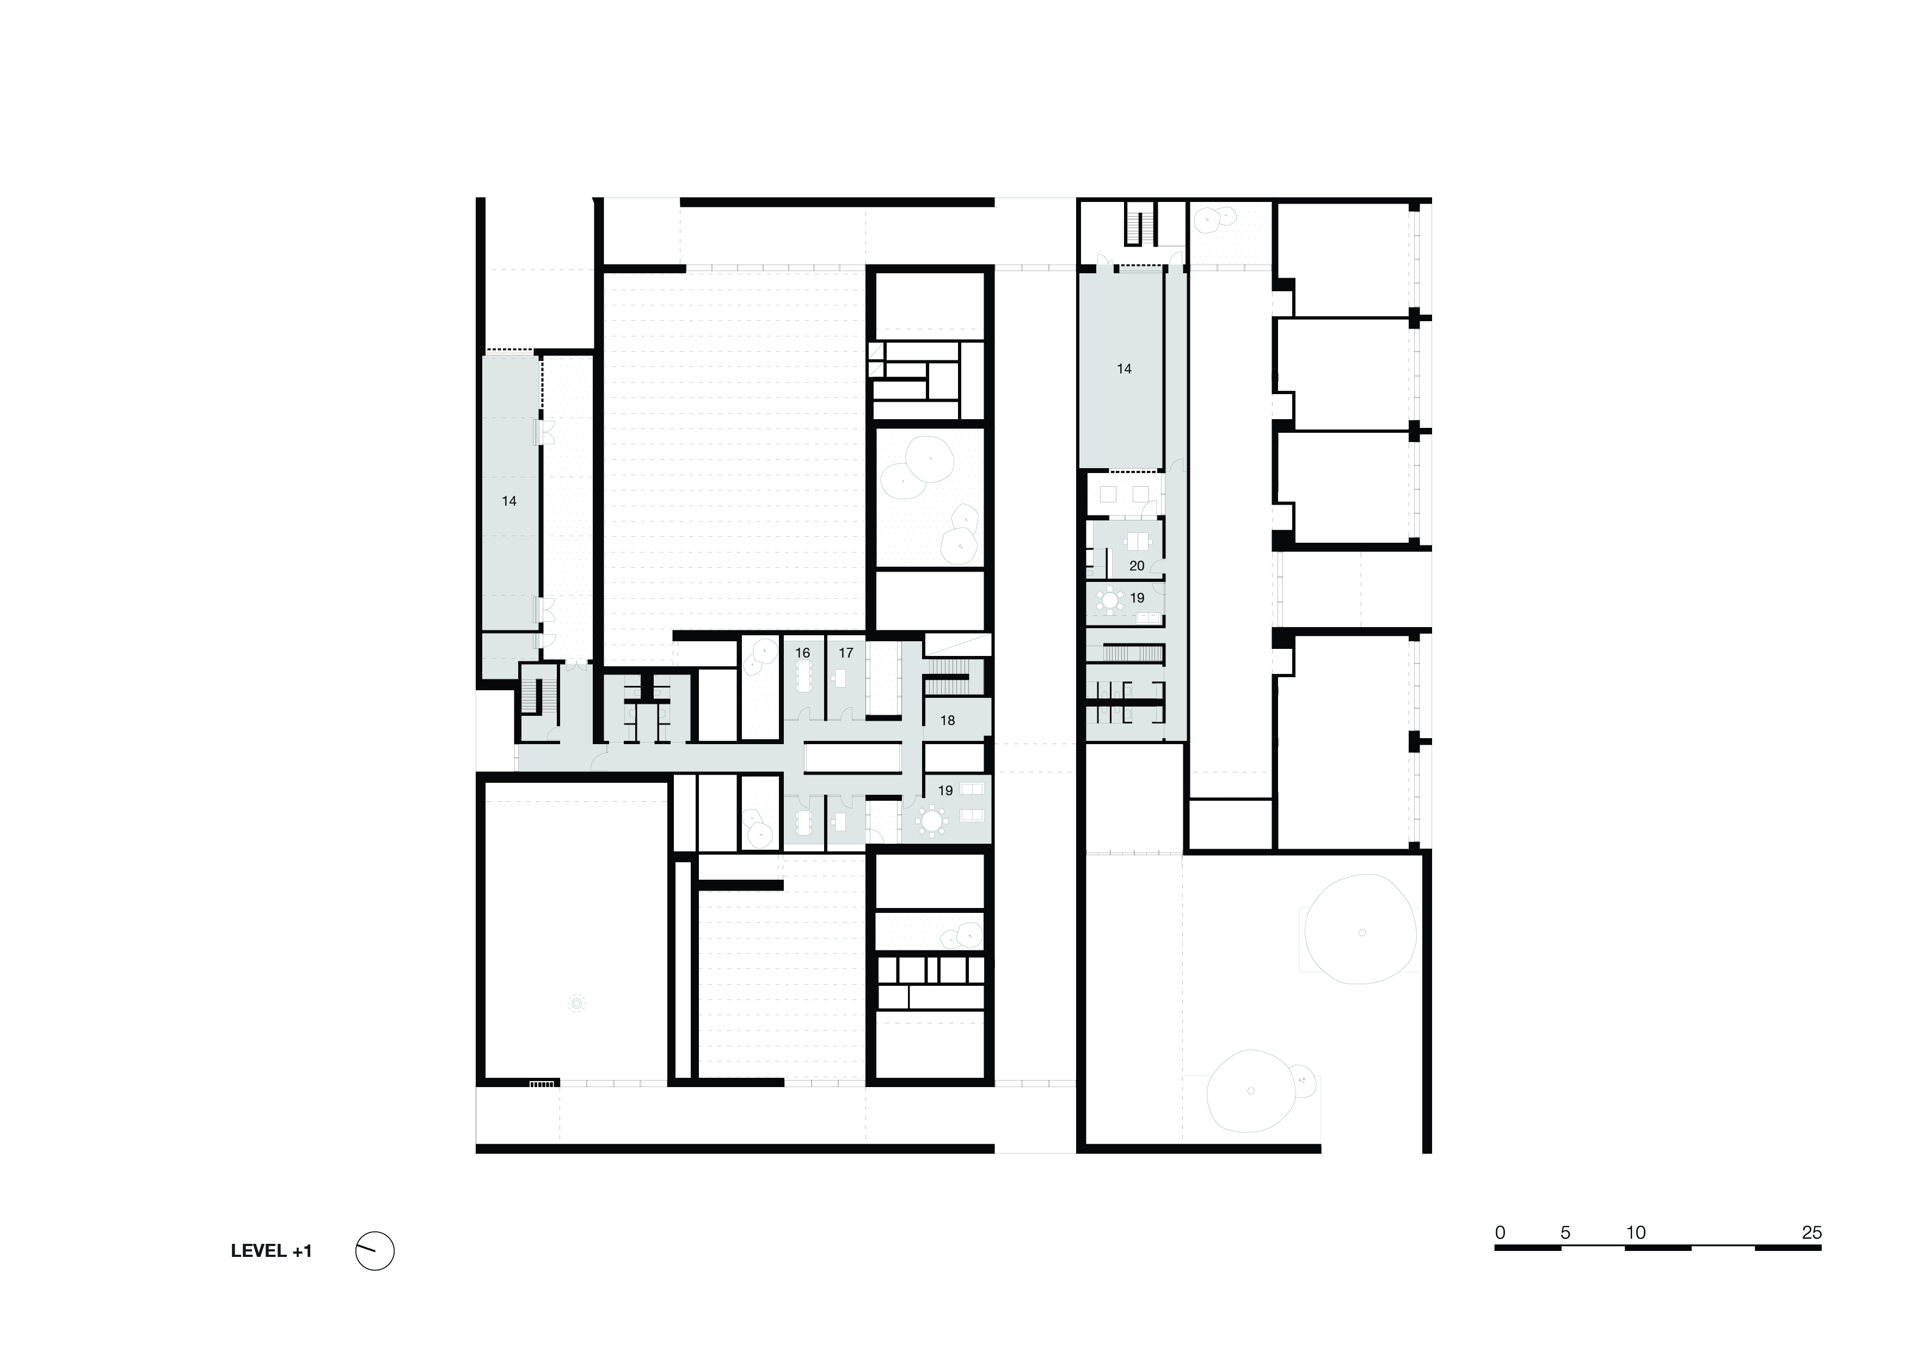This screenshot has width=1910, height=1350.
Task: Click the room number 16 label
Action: click(x=802, y=653)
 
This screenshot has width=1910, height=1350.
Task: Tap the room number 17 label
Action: click(x=845, y=653)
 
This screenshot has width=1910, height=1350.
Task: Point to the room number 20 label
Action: click(x=1137, y=566)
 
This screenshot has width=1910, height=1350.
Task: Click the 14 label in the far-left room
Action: click(x=508, y=501)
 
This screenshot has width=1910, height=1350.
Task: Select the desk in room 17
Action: click(x=841, y=678)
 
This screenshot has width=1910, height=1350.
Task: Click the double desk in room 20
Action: click(x=1137, y=542)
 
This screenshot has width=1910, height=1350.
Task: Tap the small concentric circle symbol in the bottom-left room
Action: click(x=576, y=1004)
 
